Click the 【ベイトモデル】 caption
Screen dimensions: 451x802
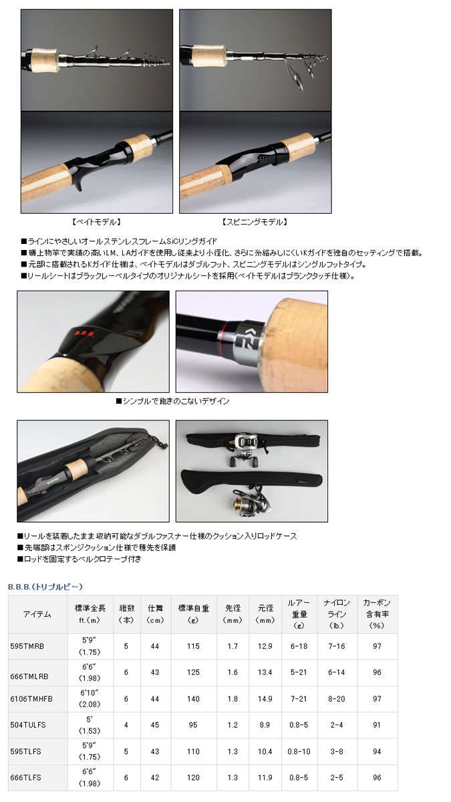coord(97,222)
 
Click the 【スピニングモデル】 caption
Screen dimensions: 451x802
coord(255,222)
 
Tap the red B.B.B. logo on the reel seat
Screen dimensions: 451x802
coord(84,333)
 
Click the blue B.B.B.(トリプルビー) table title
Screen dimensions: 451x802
coord(45,587)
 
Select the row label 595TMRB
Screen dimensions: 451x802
coord(27,646)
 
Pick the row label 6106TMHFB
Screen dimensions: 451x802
coord(31,698)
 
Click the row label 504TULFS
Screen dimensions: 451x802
coord(28,724)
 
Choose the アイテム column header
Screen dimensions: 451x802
coord(37,614)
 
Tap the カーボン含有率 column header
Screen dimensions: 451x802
coord(377,614)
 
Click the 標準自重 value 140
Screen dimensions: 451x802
coord(193,698)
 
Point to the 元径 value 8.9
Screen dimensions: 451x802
coord(265,724)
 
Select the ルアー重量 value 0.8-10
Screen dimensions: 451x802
coord(299,751)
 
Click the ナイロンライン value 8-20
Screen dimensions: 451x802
coord(337,698)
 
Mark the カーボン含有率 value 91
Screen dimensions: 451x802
coord(377,724)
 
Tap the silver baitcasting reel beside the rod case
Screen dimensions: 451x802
coord(247,449)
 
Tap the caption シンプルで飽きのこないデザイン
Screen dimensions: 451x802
coord(172,401)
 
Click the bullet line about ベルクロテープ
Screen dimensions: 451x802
coord(80,559)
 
